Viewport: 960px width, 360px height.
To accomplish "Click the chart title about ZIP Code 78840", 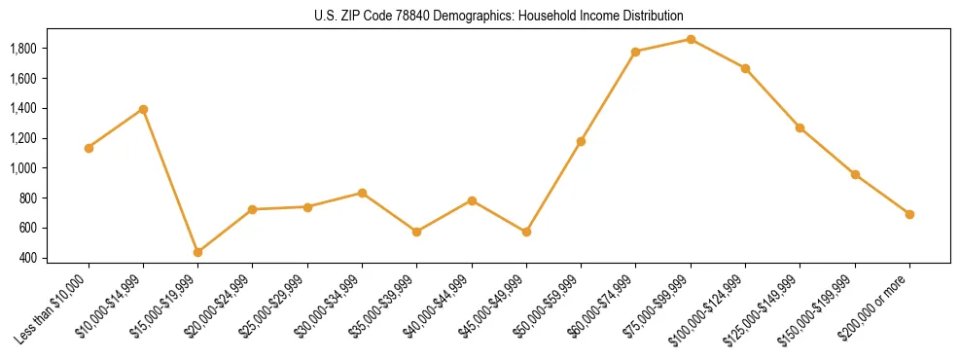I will (x=499, y=16).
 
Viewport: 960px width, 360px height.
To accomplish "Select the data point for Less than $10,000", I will (x=89, y=148).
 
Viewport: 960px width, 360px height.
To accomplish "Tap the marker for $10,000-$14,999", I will (x=143, y=109).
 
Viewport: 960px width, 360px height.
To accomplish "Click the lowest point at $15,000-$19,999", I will (x=197, y=252).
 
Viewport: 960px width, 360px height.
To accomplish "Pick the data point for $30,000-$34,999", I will (x=362, y=193).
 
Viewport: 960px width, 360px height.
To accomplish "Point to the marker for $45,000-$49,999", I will (x=526, y=232).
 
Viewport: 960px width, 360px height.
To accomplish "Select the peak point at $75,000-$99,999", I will (x=691, y=39).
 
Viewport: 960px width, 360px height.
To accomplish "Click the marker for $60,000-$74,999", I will (x=635, y=52).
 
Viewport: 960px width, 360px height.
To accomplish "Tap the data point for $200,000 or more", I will (x=909, y=214).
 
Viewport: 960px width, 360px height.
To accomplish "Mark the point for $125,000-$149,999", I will (x=800, y=127).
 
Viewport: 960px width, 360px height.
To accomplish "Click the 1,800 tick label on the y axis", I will (x=23, y=48).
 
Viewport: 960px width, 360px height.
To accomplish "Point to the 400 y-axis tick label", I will (x=29, y=258).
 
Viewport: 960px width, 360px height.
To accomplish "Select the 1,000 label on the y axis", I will (x=23, y=168).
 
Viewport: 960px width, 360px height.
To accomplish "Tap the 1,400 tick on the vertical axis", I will (x=23, y=108).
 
